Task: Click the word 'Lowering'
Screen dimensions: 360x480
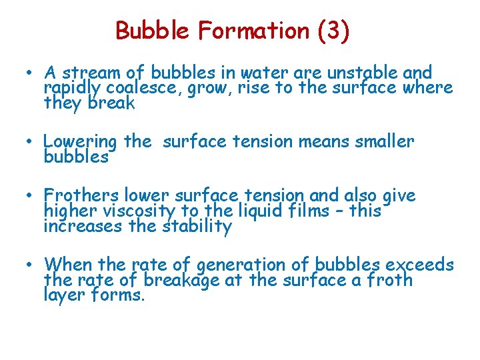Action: pyautogui.click(x=80, y=142)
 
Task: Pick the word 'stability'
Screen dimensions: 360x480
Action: pyautogui.click(x=197, y=227)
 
